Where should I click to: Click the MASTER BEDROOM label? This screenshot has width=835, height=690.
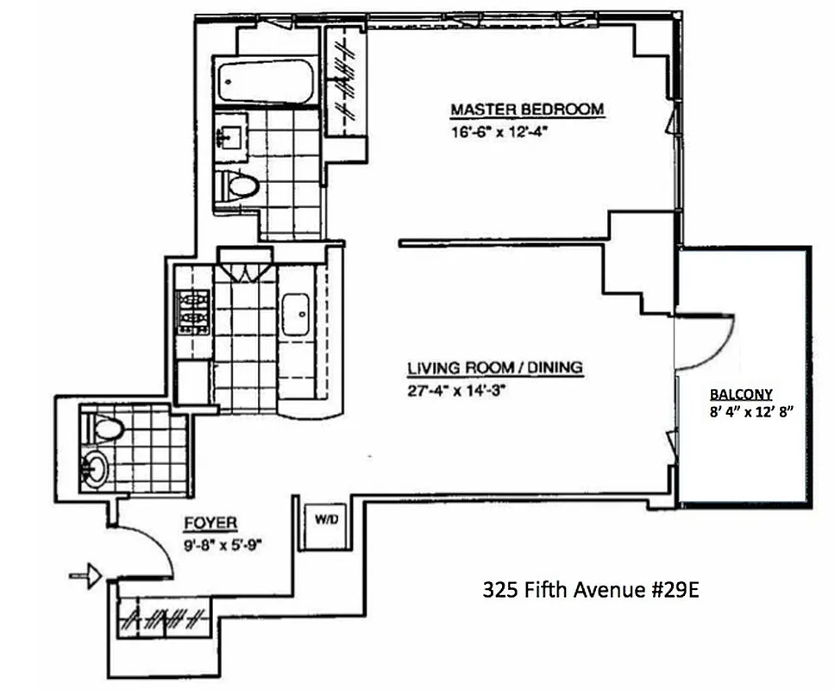click(527, 110)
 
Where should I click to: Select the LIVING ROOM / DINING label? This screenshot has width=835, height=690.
click(495, 368)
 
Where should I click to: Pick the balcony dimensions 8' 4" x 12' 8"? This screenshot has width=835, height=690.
click(747, 411)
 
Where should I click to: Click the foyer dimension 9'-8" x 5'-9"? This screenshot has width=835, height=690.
click(224, 544)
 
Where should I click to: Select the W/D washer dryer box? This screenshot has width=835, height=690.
click(325, 520)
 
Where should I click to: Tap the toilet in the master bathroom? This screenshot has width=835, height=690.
click(236, 184)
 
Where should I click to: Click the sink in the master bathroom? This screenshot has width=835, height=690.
click(231, 135)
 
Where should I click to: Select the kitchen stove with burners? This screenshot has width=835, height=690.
click(192, 310)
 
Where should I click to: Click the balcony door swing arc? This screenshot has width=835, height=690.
click(707, 341)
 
